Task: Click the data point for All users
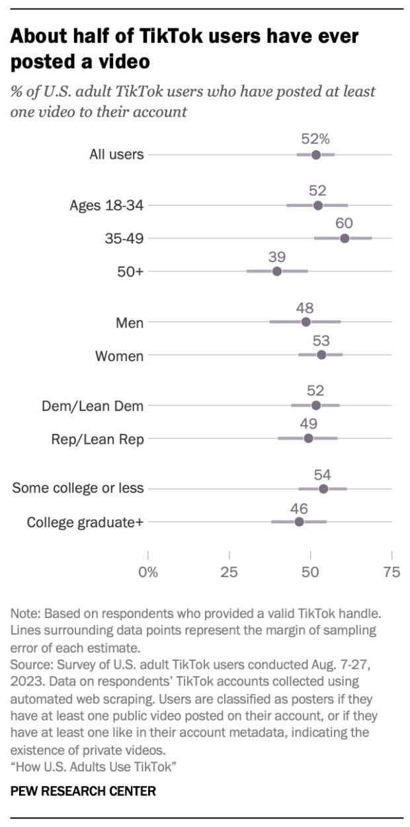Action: coord(316,155)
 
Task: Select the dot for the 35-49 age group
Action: coord(345,238)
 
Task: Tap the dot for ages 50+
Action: coord(277,271)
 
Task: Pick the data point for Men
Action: coord(306,322)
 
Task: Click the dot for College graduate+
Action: coord(299,522)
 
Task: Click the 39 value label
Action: coord(277,256)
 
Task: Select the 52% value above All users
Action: coord(315,139)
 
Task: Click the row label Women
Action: coord(119,356)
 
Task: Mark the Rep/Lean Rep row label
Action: coord(97,439)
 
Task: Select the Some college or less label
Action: coord(78,489)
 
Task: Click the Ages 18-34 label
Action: coord(106,205)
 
